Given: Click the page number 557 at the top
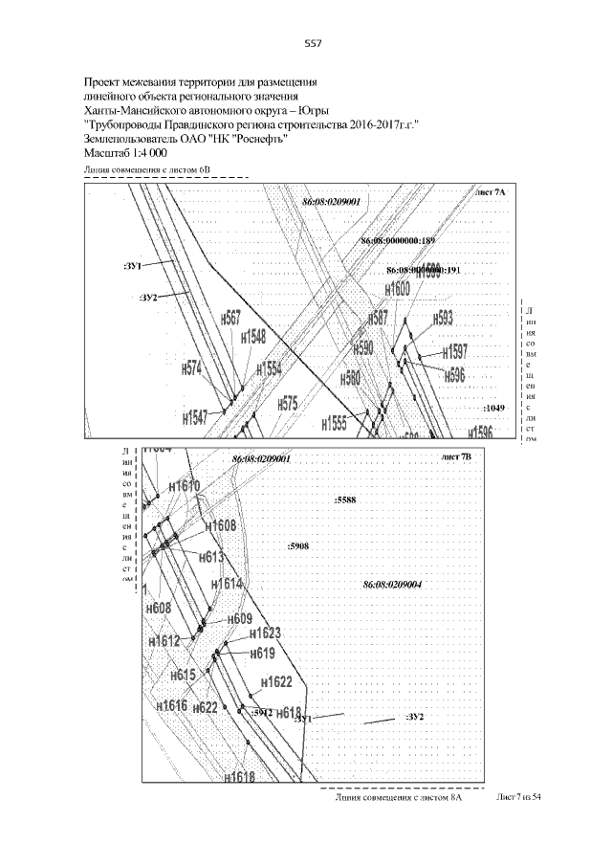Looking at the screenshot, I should (x=312, y=43).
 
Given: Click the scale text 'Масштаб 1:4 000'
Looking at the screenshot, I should (x=125, y=153).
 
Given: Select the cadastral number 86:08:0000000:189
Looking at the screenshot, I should (x=398, y=239).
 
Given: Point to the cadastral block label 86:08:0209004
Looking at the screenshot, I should (x=393, y=584).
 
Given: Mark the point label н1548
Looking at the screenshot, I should (x=253, y=337).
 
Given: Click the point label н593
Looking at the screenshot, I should (x=443, y=319).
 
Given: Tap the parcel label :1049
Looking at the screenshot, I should (x=494, y=408).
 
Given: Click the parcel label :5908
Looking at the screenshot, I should (x=297, y=546).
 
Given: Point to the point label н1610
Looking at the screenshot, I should (x=185, y=487).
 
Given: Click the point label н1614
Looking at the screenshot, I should (x=228, y=583).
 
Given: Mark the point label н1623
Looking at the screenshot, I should (x=264, y=633).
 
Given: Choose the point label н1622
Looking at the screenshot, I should (x=275, y=682).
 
